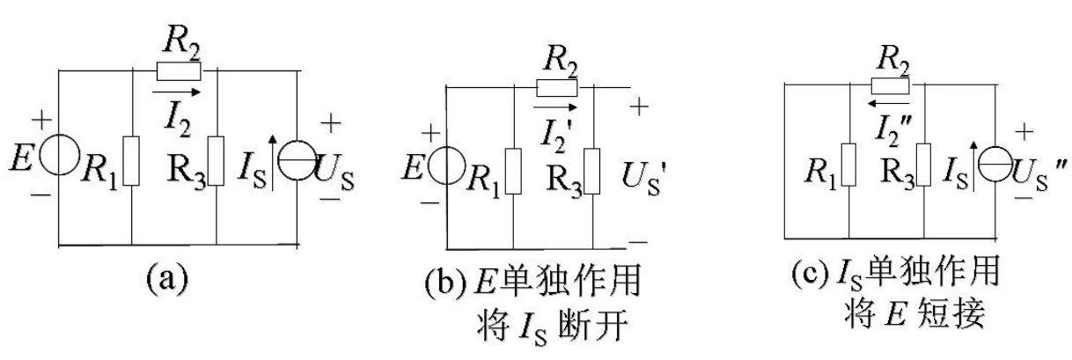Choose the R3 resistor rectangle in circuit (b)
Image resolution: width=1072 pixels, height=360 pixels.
click(592, 170)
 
